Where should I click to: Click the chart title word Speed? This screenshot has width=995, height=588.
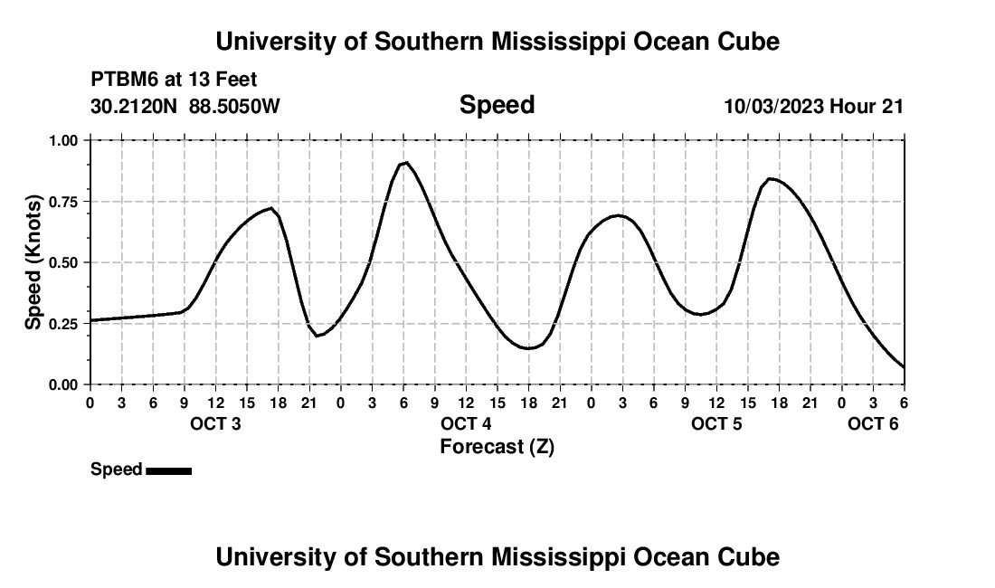tap(497, 105)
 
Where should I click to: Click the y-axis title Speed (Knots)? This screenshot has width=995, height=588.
tap(33, 262)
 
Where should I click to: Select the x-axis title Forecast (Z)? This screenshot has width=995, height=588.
tap(497, 446)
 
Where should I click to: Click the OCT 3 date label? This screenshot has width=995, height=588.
tap(215, 424)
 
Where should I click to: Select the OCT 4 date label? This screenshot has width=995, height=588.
tap(466, 424)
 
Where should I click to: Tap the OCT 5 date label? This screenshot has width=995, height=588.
tap(716, 424)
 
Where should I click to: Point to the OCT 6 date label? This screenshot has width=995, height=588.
tap(873, 424)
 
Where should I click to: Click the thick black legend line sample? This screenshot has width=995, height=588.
tap(168, 470)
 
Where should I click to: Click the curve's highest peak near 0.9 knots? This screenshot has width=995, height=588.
tap(407, 163)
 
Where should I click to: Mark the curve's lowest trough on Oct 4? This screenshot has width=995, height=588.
tap(528, 348)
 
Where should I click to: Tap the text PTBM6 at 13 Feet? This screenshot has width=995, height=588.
tap(174, 80)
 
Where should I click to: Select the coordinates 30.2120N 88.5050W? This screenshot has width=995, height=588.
tap(185, 106)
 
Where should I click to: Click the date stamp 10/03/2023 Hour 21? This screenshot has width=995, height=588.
tap(813, 106)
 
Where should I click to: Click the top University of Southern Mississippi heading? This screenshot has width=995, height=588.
tap(497, 42)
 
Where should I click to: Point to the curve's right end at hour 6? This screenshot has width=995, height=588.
tap(904, 366)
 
